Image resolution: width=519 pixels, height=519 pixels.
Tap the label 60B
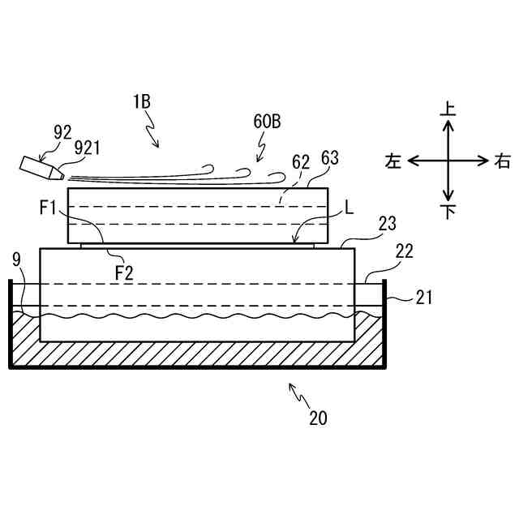[268, 122]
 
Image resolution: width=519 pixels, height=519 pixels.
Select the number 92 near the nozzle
[62, 131]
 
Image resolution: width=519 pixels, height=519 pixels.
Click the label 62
[301, 161]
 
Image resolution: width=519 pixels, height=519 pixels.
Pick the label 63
[331, 157]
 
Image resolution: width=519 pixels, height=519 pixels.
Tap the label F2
[123, 272]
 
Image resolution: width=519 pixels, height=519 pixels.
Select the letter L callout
[350, 208]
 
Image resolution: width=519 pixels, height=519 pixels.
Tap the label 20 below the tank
[318, 418]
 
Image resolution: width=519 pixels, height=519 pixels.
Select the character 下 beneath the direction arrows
[447, 212]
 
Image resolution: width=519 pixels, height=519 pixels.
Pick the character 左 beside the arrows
[393, 161]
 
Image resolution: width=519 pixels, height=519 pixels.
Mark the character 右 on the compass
[502, 161]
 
